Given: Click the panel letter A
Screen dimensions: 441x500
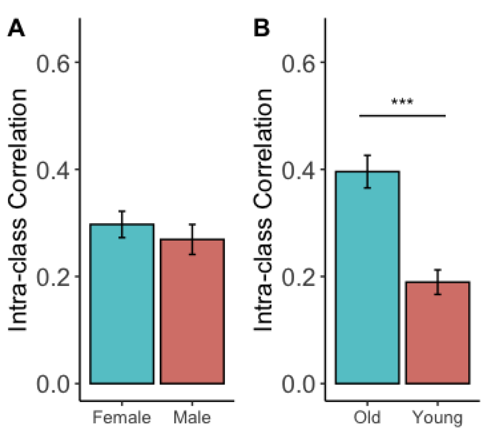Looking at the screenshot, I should pyautogui.click(x=16, y=28).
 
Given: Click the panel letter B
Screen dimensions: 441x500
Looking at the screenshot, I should pyautogui.click(x=261, y=28).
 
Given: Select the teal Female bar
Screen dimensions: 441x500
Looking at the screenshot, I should pyautogui.click(x=122, y=310).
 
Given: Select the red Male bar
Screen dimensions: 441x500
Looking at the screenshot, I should pyautogui.click(x=192, y=317).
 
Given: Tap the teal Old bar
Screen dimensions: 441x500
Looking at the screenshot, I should pyautogui.click(x=367, y=283).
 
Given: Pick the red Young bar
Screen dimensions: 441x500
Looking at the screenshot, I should pyautogui.click(x=437, y=336).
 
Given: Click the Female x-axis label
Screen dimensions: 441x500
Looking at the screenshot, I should pyautogui.click(x=122, y=418).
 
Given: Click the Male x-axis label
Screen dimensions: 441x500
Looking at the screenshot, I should pyautogui.click(x=192, y=418).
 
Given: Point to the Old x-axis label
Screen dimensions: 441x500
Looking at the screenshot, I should pyautogui.click(x=367, y=418).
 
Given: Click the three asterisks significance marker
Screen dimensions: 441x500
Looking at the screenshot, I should pyautogui.click(x=402, y=102).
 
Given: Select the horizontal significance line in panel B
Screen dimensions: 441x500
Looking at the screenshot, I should pyautogui.click(x=402, y=116).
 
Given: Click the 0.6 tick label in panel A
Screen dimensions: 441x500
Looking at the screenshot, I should pyautogui.click(x=53, y=63).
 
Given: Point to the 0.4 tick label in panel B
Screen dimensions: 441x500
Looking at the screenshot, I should pyautogui.click(x=298, y=170).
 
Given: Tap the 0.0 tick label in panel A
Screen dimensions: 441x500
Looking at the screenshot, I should pyautogui.click(x=53, y=384).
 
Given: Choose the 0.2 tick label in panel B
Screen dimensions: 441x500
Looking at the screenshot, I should pyautogui.click(x=298, y=278).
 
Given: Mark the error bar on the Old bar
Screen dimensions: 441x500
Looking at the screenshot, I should pyautogui.click(x=367, y=171).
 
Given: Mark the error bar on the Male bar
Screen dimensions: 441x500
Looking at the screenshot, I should pyautogui.click(x=192, y=239).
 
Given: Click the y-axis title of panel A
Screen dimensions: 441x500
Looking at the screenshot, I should pyautogui.click(x=18, y=210).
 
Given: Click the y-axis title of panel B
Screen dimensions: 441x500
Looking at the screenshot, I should pyautogui.click(x=263, y=210).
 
